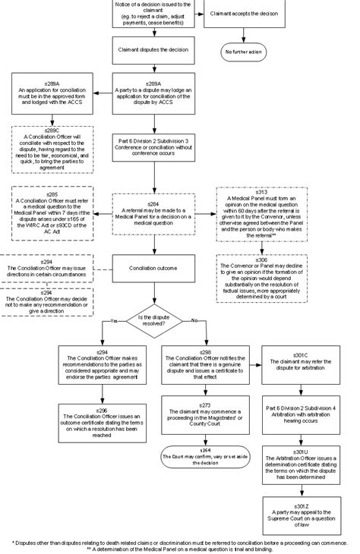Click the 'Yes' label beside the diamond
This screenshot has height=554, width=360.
click(x=115, y=321)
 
